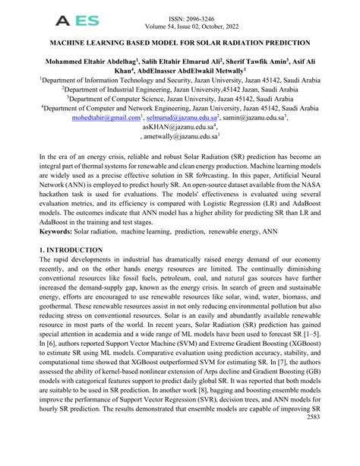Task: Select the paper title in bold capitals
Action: tap(179, 45)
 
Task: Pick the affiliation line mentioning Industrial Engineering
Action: tap(179, 87)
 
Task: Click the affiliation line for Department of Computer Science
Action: tap(179, 98)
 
